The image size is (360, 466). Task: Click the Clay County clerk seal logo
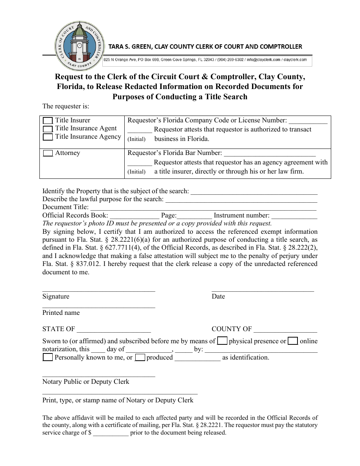coord(79,46)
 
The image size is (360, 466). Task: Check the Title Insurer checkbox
coord(48,121)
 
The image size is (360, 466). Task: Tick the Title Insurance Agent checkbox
coord(48,129)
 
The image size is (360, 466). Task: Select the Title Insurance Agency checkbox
coord(48,137)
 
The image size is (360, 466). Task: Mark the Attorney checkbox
coord(48,153)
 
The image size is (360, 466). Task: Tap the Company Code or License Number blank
coord(308,121)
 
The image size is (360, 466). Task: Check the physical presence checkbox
coord(222,341)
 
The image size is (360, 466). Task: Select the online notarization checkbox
coord(293,341)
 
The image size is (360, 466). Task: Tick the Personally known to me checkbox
coord(48,357)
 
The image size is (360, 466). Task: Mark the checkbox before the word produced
coord(140,357)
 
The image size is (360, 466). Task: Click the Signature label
coord(56,296)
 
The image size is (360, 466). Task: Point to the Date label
coord(218,296)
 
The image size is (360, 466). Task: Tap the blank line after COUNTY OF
coord(285,330)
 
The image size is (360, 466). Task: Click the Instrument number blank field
coord(294,216)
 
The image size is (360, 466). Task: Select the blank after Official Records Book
coord(134,216)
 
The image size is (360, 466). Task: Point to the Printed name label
coord(61,313)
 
